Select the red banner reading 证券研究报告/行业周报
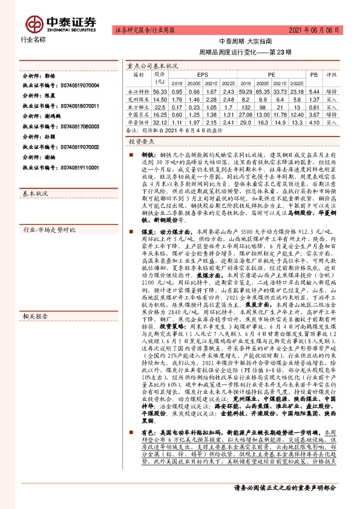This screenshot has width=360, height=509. click(145, 29)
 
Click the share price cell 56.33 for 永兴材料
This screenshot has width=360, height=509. click(160, 89)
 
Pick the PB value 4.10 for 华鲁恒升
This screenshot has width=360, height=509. click(313, 121)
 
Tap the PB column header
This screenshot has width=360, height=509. click(313, 74)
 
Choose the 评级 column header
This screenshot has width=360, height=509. click(332, 74)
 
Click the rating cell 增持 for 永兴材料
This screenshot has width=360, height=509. click(332, 89)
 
